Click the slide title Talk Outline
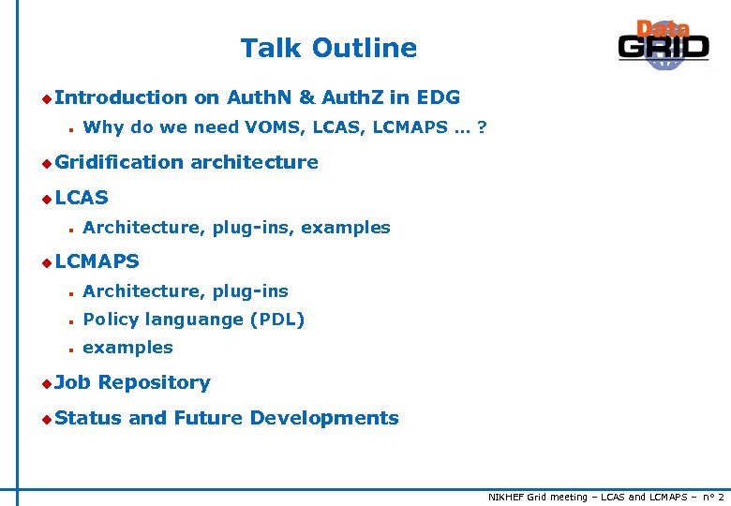click(328, 48)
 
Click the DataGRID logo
click(664, 45)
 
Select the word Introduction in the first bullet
click(121, 97)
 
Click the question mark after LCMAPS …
click(482, 127)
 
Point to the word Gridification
click(119, 162)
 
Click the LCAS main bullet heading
click(82, 198)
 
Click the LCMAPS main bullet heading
click(97, 261)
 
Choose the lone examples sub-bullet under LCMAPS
click(127, 348)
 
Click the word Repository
click(154, 382)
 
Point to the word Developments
click(323, 418)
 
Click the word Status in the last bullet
click(88, 418)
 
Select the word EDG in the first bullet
click(438, 97)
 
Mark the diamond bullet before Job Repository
click(46, 383)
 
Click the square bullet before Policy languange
click(70, 320)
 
